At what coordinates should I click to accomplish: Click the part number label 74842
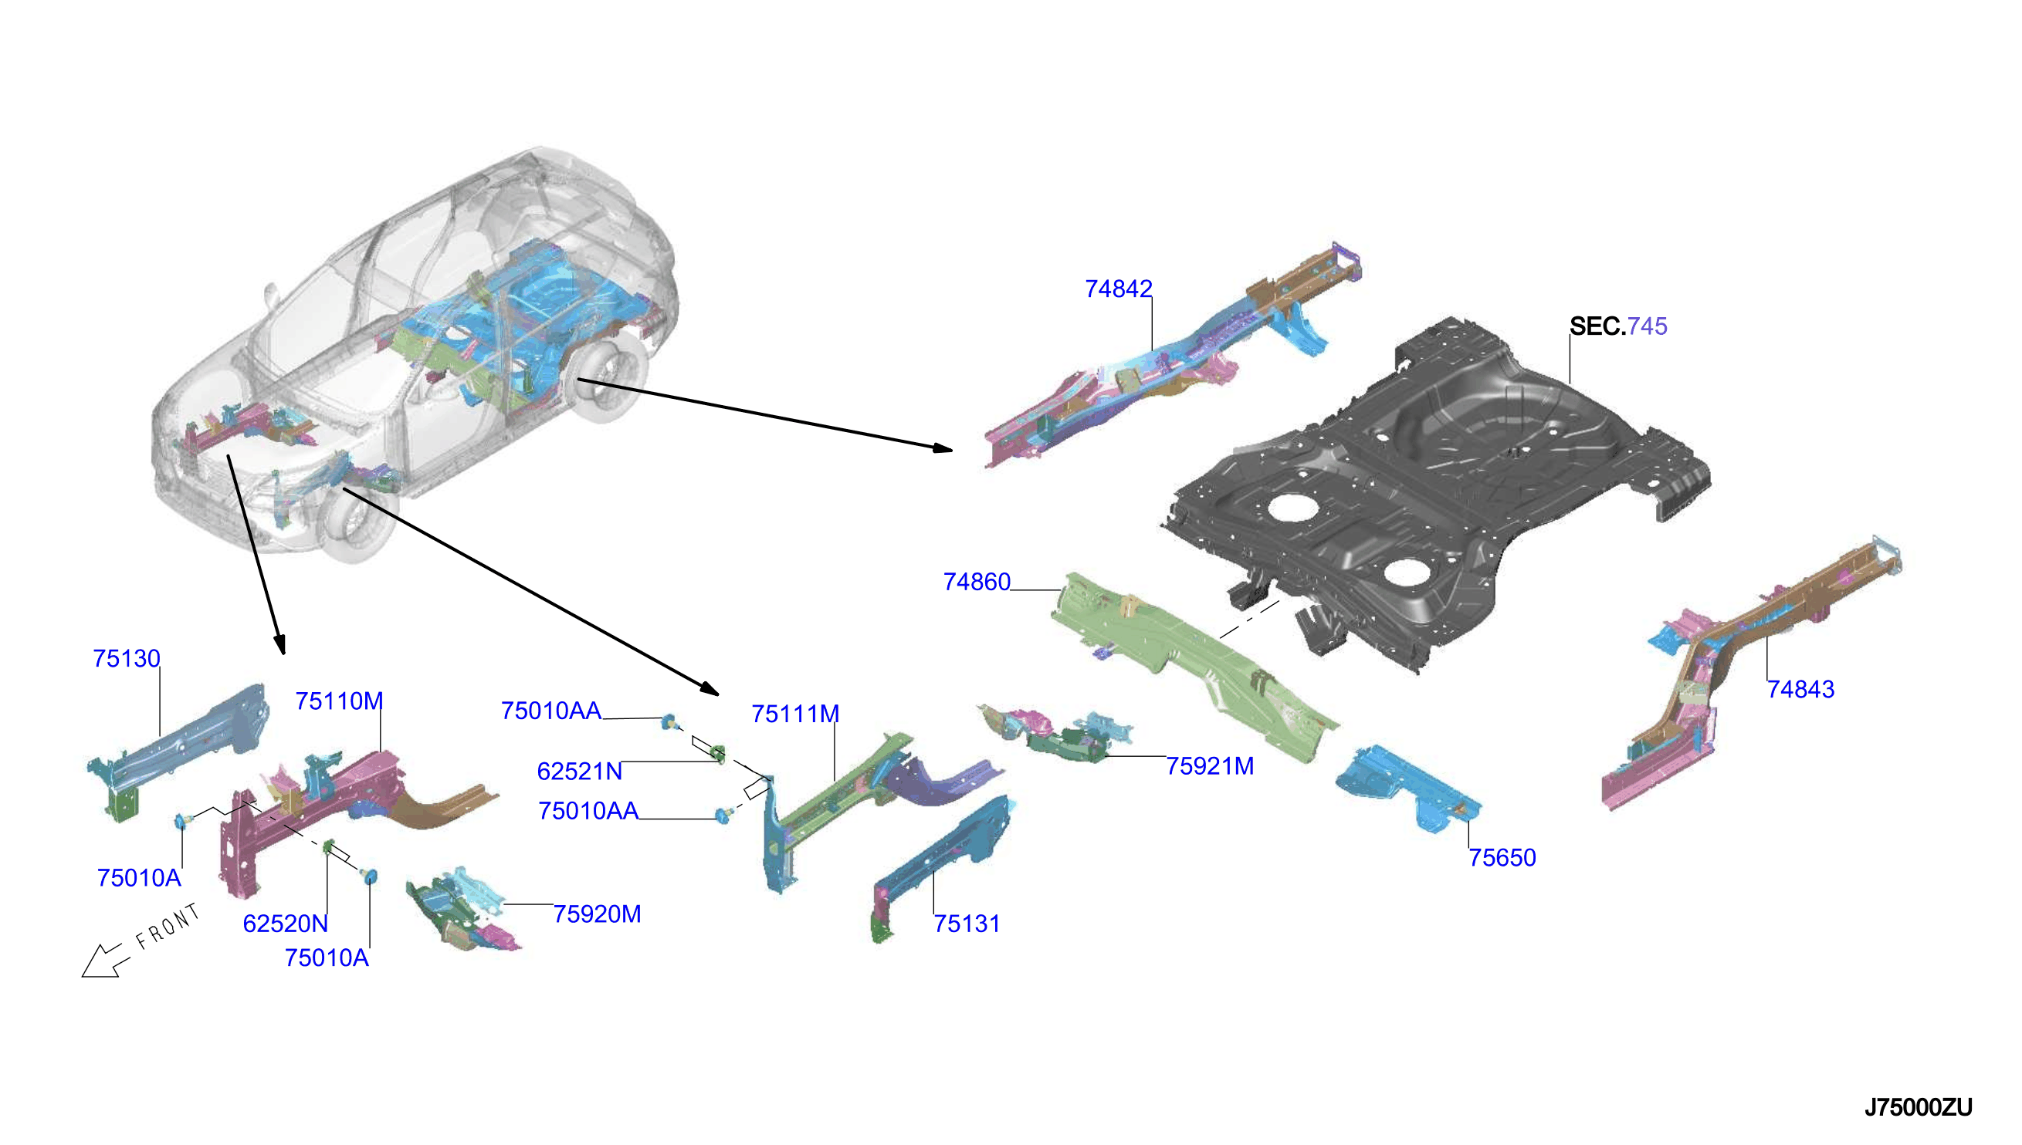(1118, 289)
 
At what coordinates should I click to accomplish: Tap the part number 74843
(1800, 690)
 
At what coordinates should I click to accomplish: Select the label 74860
(977, 582)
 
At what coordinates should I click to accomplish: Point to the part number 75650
(1502, 858)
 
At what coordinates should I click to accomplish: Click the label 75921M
(1210, 766)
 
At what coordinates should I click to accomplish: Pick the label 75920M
(597, 914)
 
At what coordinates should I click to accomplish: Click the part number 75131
(967, 924)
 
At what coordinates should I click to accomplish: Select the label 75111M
(795, 714)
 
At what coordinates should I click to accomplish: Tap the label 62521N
(580, 772)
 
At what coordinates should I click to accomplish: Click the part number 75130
(127, 659)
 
